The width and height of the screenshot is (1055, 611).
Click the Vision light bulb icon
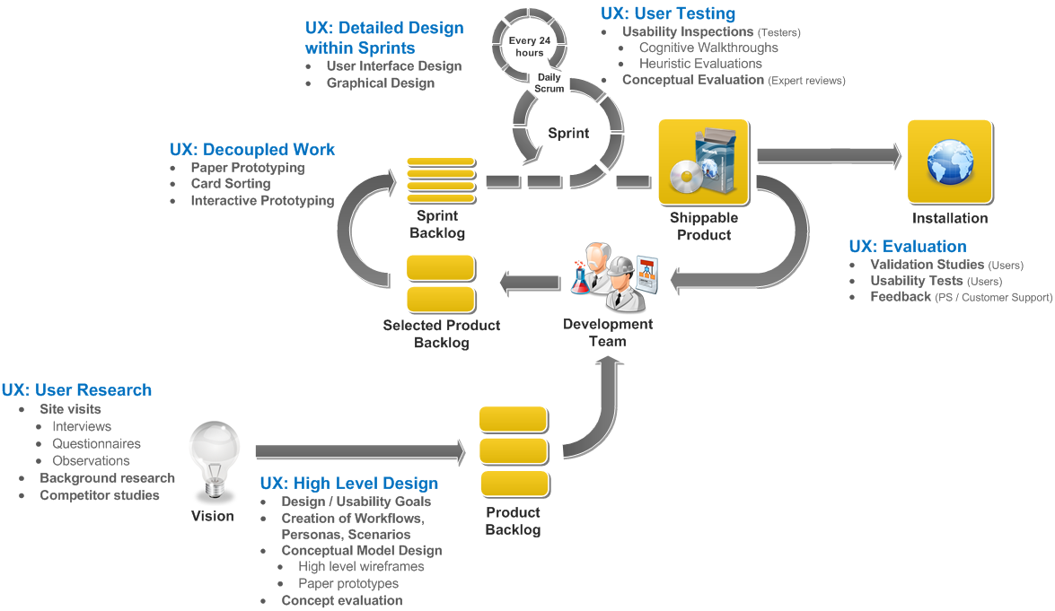pyautogui.click(x=214, y=458)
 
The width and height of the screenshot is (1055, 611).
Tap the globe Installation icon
pyautogui.click(x=949, y=161)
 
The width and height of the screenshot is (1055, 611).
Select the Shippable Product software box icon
pyautogui.click(x=703, y=162)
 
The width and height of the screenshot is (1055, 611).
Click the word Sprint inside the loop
pyautogui.click(x=568, y=133)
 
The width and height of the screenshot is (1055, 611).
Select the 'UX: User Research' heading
pyautogui.click(x=76, y=390)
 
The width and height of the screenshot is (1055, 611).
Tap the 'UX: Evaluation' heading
pyautogui.click(x=908, y=247)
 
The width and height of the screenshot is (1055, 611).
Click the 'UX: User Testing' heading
pyautogui.click(x=667, y=13)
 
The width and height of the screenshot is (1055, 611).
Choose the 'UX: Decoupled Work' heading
pyautogui.click(x=252, y=150)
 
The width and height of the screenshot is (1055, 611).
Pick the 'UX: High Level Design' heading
pyautogui.click(x=349, y=484)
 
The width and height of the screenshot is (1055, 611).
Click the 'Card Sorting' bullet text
pyautogui.click(x=231, y=184)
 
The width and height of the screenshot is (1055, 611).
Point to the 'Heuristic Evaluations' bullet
pyautogui.click(x=700, y=64)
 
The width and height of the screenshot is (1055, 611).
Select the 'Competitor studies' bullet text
pyautogui.click(x=100, y=495)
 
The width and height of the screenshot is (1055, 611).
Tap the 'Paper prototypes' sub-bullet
pyautogui.click(x=348, y=583)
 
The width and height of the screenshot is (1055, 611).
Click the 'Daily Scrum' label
pyautogui.click(x=549, y=83)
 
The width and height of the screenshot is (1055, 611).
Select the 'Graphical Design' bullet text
pyautogui.click(x=381, y=83)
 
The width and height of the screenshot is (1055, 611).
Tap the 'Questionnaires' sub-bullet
pyautogui.click(x=96, y=443)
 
